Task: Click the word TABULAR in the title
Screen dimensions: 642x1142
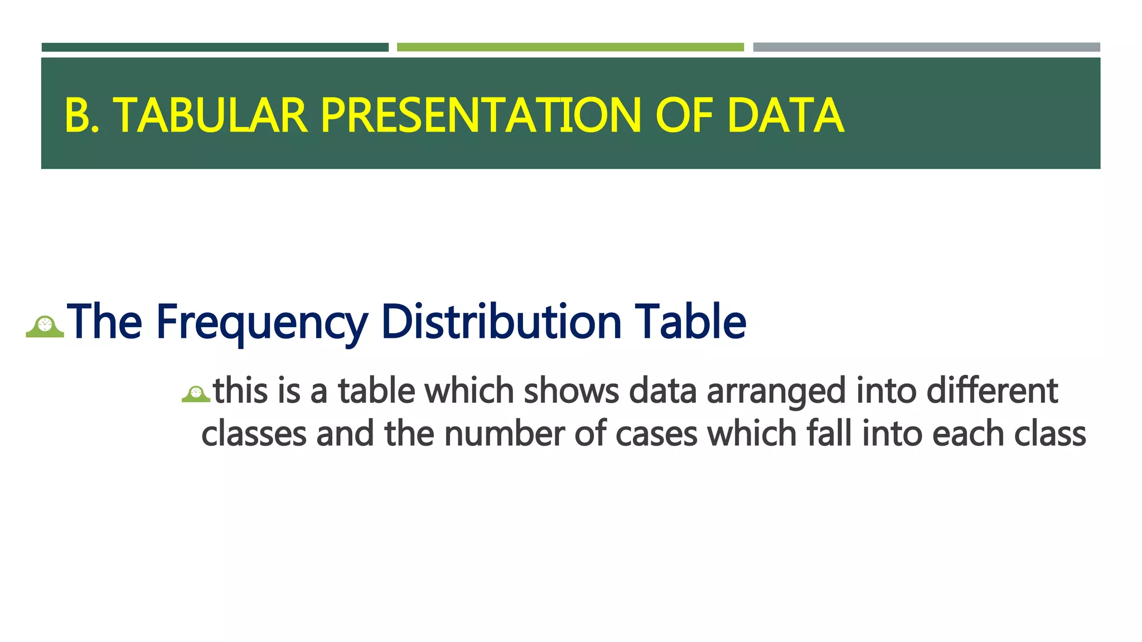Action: pos(211,115)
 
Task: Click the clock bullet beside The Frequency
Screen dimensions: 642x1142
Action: pos(45,327)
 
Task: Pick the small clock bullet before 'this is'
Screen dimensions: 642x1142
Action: pos(196,394)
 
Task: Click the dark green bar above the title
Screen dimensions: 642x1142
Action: pos(215,47)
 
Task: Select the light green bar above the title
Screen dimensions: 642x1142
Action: pos(570,47)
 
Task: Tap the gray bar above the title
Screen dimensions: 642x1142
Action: pos(926,47)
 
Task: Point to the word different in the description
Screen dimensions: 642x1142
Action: pos(992,391)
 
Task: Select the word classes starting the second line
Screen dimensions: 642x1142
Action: pos(254,434)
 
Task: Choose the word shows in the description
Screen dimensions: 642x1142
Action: pos(571,391)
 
